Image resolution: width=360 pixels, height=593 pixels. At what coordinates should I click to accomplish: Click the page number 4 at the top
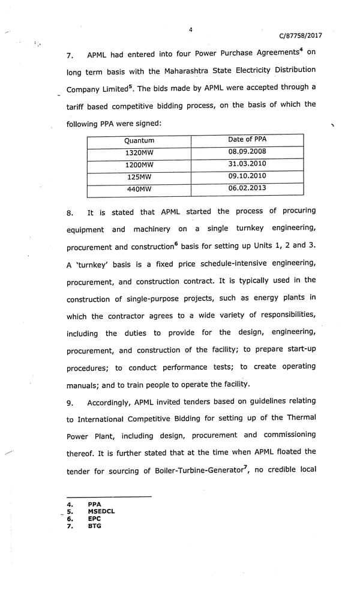point(190,29)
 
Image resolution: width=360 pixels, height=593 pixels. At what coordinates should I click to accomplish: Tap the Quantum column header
point(139,140)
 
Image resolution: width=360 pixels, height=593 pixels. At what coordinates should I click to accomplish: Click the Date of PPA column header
point(247,139)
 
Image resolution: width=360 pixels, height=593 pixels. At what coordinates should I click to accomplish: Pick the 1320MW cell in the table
point(139,152)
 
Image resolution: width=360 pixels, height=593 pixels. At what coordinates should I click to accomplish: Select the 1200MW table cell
point(139,164)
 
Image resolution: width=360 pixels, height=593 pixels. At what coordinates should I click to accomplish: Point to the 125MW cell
point(139,177)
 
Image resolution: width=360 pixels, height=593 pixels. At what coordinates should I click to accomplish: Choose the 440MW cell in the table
point(139,189)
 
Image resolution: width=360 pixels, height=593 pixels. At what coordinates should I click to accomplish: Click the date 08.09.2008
point(247,151)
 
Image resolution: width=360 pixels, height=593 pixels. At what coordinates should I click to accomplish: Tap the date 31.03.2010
point(247,164)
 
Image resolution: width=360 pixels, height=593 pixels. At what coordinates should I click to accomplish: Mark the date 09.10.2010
point(247,176)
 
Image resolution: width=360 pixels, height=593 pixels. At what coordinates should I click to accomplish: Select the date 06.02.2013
point(247,188)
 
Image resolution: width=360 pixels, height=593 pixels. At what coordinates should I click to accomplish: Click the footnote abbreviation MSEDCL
point(101,511)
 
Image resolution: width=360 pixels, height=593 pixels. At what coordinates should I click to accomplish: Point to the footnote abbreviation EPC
point(94,519)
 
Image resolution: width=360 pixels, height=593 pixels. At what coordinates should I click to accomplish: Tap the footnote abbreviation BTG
point(94,526)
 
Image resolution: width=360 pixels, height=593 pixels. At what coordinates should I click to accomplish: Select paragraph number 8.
point(70,213)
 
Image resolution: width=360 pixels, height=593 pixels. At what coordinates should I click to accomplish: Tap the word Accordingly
point(112,402)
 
